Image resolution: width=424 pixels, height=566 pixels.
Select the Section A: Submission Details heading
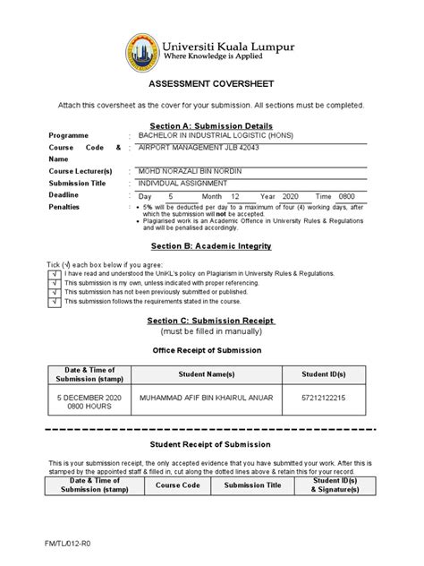click(x=211, y=126)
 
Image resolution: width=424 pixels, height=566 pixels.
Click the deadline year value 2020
click(x=291, y=195)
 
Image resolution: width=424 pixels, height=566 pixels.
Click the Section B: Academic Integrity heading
click(x=211, y=245)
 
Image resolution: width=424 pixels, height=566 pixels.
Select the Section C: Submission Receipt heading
click(x=211, y=321)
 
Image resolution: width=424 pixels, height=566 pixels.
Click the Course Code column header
click(x=177, y=485)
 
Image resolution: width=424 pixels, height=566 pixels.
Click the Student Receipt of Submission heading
click(x=211, y=444)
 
